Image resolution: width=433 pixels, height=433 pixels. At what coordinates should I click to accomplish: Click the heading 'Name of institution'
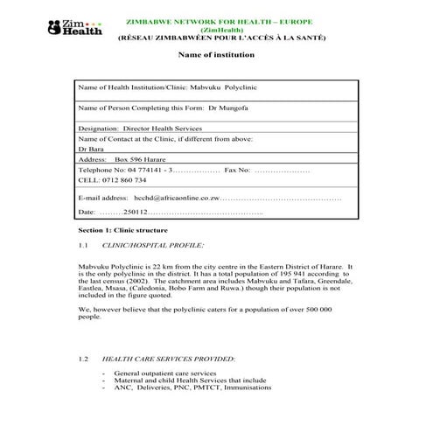216,55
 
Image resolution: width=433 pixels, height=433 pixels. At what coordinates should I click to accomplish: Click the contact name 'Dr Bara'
89,150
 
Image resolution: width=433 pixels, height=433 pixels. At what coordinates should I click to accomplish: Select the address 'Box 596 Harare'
142,160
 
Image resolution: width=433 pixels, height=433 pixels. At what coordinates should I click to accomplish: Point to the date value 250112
134,213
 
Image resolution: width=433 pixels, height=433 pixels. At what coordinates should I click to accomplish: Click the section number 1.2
84,360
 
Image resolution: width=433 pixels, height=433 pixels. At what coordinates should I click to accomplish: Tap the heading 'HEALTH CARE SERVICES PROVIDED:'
168,360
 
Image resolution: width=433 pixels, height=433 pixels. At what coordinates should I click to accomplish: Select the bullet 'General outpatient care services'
165,374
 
